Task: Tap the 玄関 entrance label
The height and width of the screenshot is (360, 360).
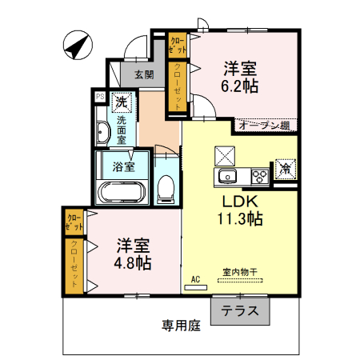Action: (x=144, y=74)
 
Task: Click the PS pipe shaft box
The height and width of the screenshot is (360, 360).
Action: (x=100, y=97)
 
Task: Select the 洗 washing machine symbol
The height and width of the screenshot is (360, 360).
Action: (x=122, y=102)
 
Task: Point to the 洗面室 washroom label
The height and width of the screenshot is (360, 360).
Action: (x=122, y=129)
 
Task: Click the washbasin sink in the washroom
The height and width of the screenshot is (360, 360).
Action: (x=102, y=134)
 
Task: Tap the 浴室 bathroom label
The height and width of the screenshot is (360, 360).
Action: (x=122, y=167)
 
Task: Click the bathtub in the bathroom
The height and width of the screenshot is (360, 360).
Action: (x=121, y=193)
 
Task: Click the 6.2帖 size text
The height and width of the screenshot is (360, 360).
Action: (x=238, y=83)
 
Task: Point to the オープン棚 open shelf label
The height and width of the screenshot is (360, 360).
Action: (x=262, y=125)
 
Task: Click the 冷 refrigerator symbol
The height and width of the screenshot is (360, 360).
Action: (x=285, y=169)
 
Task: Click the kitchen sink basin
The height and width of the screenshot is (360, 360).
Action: (x=226, y=176)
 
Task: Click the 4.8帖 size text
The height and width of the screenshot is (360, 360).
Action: (x=132, y=262)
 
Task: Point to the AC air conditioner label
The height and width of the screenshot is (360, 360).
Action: (x=196, y=279)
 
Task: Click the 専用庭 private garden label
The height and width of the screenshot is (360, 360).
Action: (x=180, y=326)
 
